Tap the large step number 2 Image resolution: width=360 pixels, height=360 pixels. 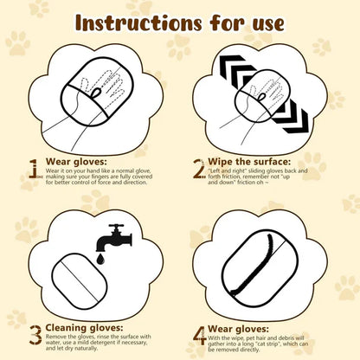[198, 167]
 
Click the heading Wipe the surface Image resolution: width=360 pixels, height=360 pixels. [249, 160]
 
